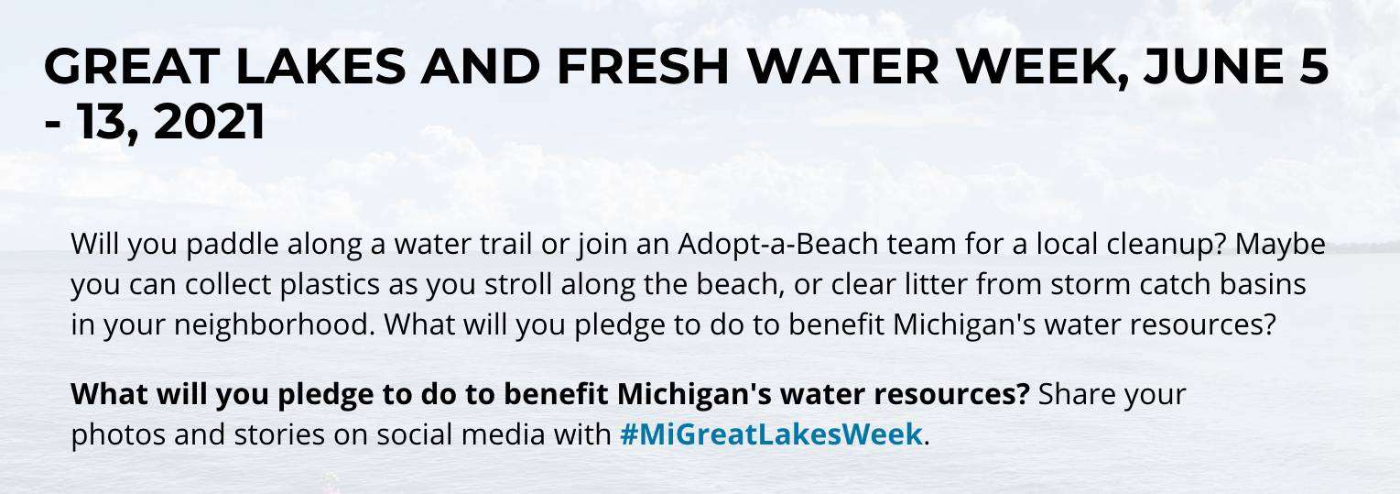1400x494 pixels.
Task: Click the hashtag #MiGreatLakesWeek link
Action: [x=770, y=434]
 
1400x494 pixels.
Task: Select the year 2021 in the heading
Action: [x=210, y=122]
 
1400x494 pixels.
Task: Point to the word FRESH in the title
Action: [x=613, y=67]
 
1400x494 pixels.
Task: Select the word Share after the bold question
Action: [x=1078, y=394]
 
